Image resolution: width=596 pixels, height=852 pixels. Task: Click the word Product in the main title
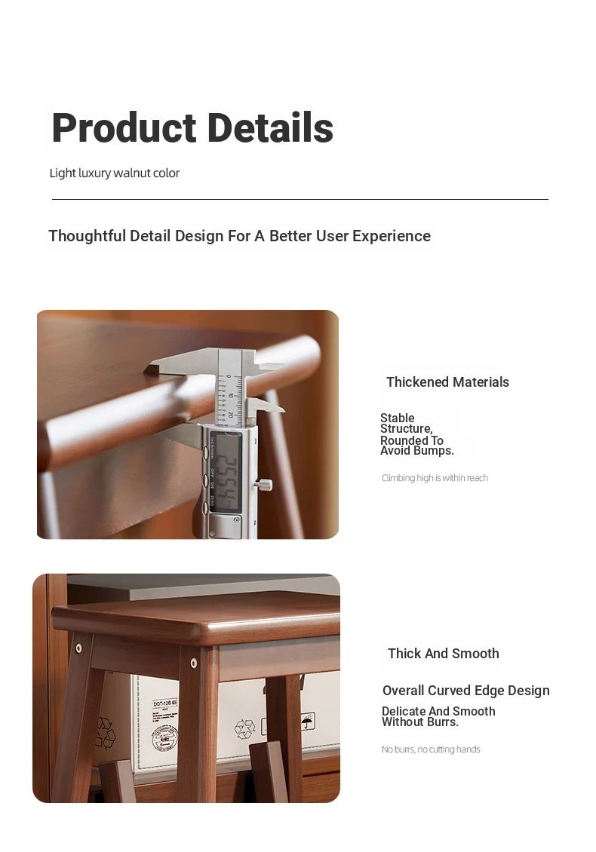(124, 127)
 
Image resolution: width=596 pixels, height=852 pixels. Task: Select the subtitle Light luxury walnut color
(114, 173)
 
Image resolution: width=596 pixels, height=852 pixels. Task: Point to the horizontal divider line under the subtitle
(300, 199)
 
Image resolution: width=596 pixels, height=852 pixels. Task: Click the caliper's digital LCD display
(226, 472)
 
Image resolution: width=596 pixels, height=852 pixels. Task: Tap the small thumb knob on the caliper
(265, 483)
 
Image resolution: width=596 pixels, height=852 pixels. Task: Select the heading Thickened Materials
(447, 382)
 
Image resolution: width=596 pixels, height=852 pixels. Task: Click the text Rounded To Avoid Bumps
(416, 446)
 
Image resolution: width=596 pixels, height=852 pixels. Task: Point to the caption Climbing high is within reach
(435, 478)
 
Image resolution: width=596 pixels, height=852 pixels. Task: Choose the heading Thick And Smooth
(443, 653)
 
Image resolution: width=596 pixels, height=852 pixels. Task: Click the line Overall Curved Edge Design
(466, 691)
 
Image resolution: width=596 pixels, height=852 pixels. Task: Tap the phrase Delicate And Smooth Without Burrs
(438, 717)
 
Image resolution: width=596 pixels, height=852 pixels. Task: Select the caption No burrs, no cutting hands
(431, 749)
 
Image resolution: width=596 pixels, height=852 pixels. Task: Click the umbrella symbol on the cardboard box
(308, 721)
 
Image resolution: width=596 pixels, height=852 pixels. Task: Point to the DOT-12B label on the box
(165, 703)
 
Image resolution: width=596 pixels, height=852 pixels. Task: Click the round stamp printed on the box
(165, 738)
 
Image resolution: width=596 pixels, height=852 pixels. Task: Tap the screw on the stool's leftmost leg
(79, 648)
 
